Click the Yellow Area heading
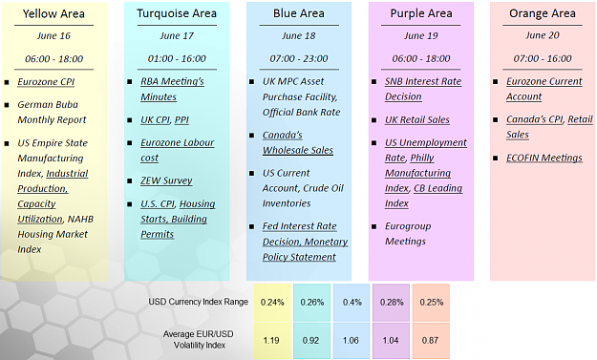[x=53, y=14]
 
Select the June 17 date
[x=177, y=35]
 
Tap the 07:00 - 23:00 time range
[x=299, y=58]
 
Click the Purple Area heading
[x=421, y=13]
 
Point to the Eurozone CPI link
[x=46, y=82]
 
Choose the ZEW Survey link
[x=166, y=180]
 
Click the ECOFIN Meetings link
[x=544, y=158]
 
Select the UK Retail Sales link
[x=416, y=120]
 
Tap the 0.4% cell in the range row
[x=352, y=302]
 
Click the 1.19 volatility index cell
[x=272, y=340]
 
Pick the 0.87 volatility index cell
[x=431, y=340]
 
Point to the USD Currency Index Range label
[x=198, y=302]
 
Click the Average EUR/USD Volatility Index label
[x=199, y=339]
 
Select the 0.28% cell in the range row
[x=392, y=302]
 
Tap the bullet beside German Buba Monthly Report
[x=7, y=105]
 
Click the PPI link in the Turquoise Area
[x=181, y=120]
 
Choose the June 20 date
[x=543, y=35]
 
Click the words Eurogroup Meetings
[x=408, y=234]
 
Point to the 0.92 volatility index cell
[x=311, y=340]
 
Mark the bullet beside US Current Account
[x=251, y=174]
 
